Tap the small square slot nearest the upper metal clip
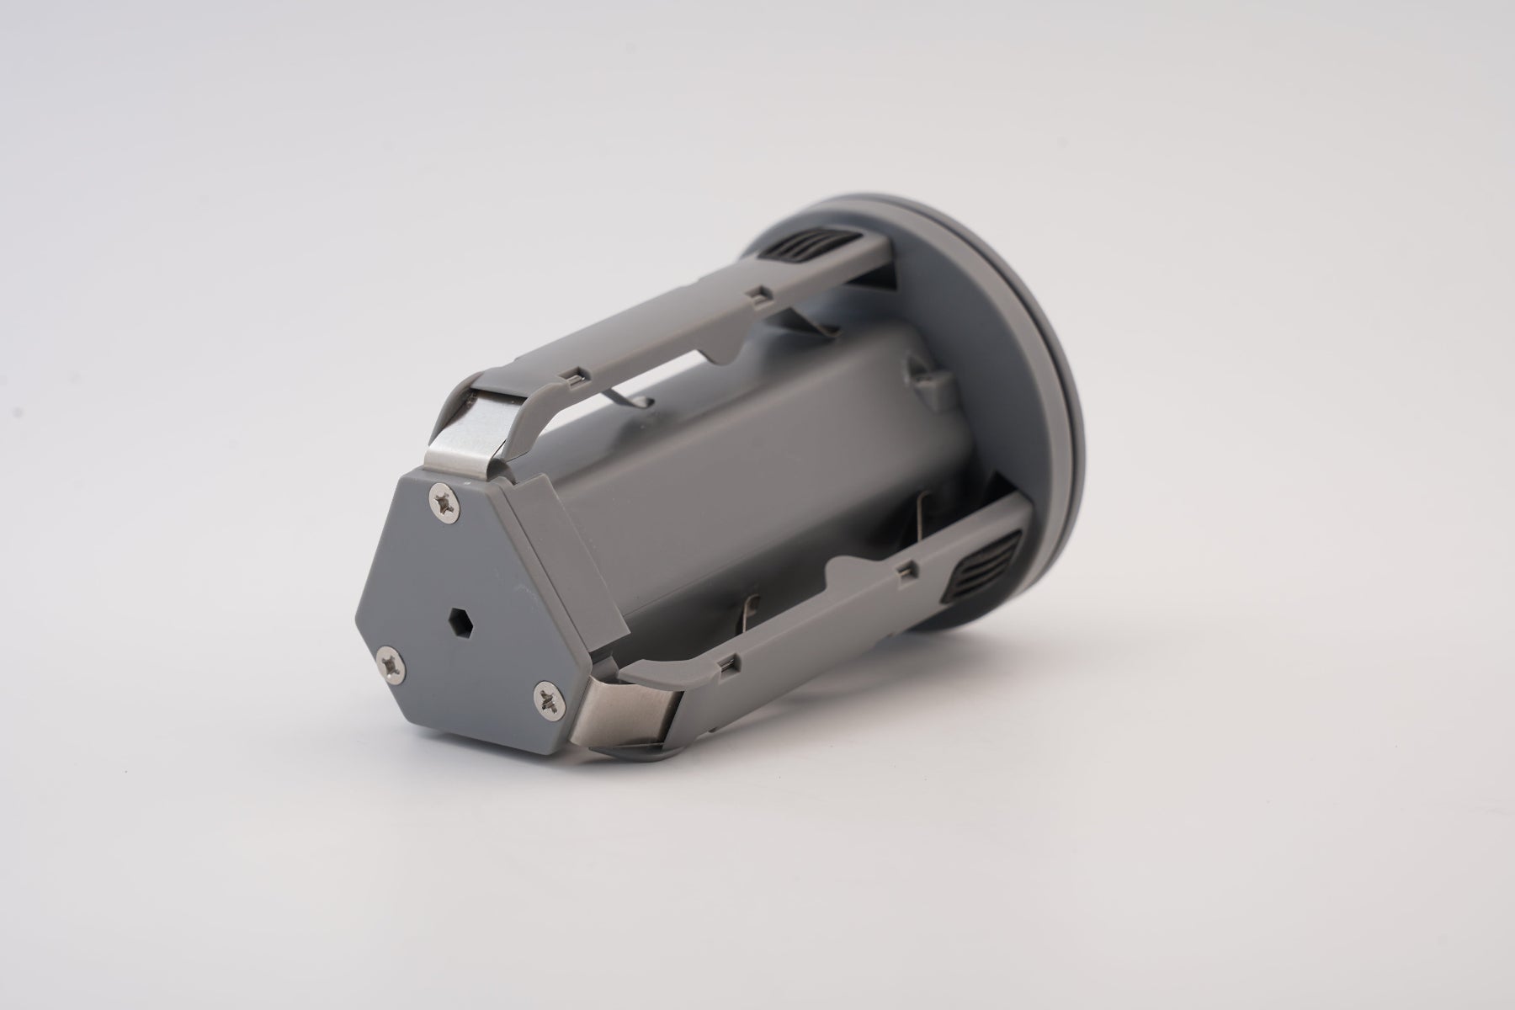point(576,375)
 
